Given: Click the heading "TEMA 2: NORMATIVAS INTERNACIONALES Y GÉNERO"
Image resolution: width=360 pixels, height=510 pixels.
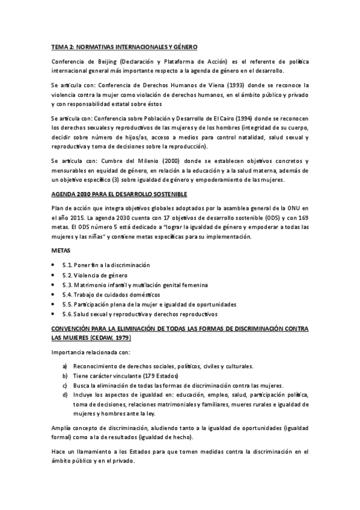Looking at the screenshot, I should pos(124,46).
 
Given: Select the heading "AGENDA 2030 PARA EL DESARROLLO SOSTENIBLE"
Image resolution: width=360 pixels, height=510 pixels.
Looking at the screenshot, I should pos(120,194).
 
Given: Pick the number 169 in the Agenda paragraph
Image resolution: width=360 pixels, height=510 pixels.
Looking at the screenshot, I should pos(302,217).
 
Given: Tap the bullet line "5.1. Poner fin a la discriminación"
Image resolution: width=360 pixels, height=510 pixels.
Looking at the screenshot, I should pos(106,265).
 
